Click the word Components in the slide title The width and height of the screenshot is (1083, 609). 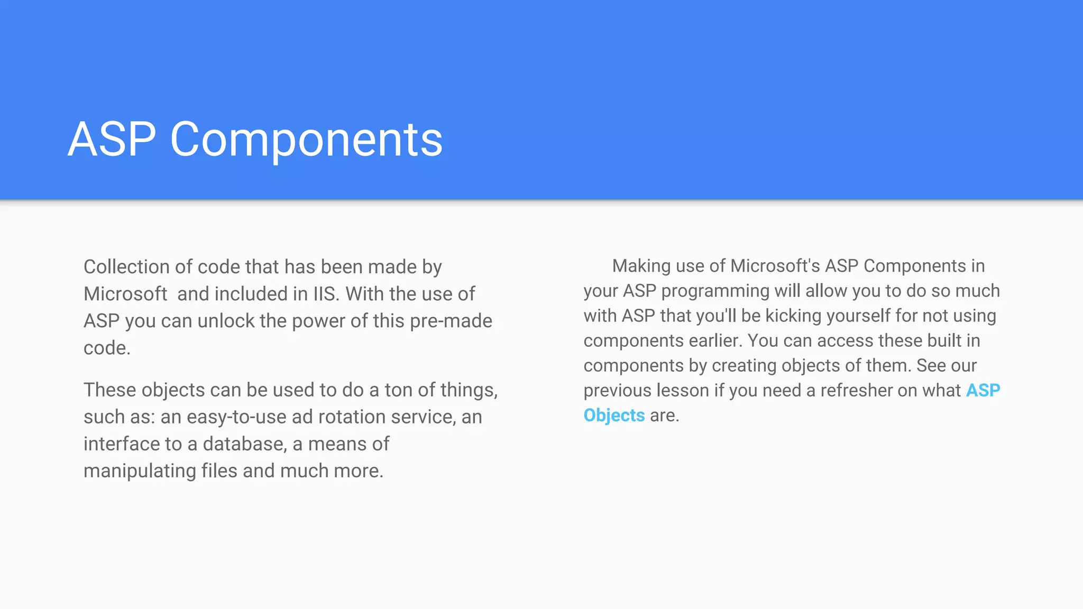click(x=306, y=140)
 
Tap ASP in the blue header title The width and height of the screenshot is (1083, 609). click(x=112, y=140)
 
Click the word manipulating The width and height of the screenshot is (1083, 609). click(x=140, y=471)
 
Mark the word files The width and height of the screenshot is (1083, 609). click(x=219, y=471)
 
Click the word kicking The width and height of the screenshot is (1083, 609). click(x=793, y=316)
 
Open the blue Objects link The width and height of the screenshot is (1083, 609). click(x=614, y=416)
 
